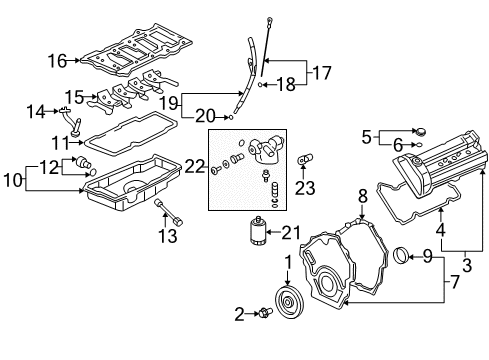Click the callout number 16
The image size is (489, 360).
57,61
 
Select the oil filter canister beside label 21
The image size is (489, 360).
258,231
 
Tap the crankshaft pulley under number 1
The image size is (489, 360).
288,302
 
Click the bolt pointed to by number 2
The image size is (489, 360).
265,313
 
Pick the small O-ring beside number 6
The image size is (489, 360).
419,145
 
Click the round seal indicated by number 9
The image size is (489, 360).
401,256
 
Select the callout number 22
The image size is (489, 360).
194,166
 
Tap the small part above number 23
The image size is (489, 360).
304,158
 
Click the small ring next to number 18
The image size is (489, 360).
260,85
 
